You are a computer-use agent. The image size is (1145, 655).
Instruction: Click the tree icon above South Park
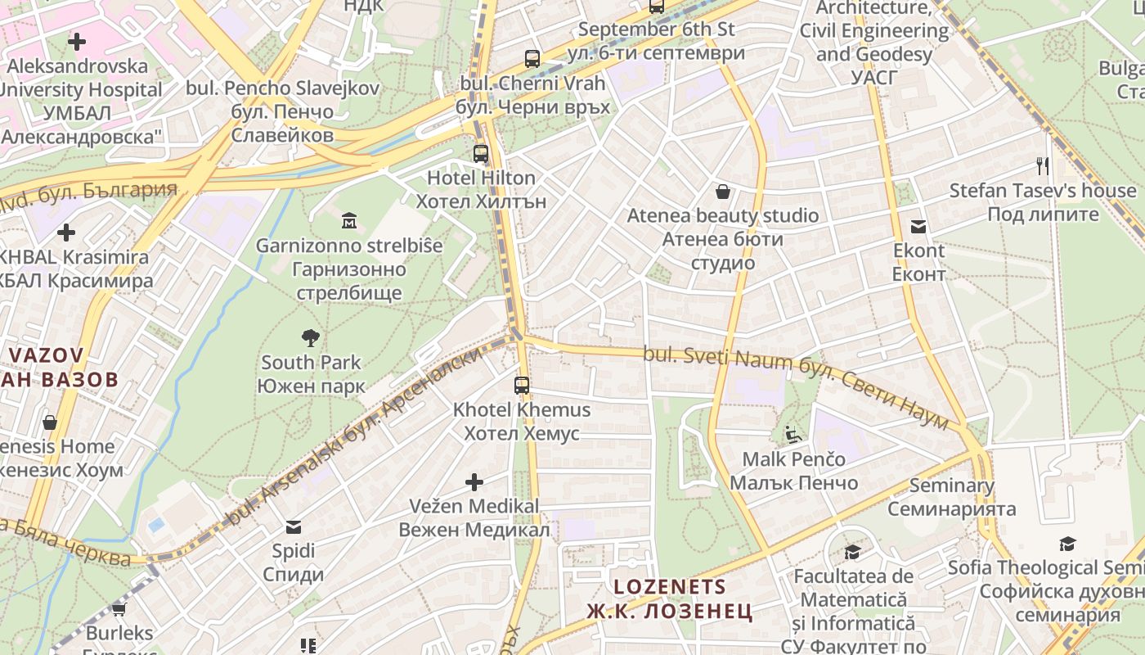click(x=310, y=337)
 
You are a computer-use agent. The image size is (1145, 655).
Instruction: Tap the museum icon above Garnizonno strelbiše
click(x=349, y=220)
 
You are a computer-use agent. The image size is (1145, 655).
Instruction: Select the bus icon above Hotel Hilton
click(x=481, y=153)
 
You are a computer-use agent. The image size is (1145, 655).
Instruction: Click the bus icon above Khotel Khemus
click(x=522, y=385)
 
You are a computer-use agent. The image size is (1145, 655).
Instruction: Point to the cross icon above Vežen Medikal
click(x=474, y=481)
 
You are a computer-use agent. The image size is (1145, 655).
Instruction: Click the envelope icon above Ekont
click(x=918, y=226)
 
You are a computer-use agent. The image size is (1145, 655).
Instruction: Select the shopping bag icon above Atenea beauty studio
click(x=723, y=192)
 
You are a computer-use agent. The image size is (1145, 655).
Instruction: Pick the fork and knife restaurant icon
click(x=1042, y=166)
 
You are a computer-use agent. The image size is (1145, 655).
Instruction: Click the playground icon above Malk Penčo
click(x=793, y=434)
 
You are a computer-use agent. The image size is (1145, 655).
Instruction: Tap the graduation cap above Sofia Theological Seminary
click(x=1067, y=544)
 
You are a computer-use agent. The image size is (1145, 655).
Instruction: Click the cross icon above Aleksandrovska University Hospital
click(x=77, y=41)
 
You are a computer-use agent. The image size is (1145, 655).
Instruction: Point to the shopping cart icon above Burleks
click(x=119, y=609)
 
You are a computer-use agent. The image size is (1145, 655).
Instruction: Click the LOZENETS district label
click(x=670, y=599)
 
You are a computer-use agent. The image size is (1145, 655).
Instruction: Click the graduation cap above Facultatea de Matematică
click(x=852, y=553)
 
